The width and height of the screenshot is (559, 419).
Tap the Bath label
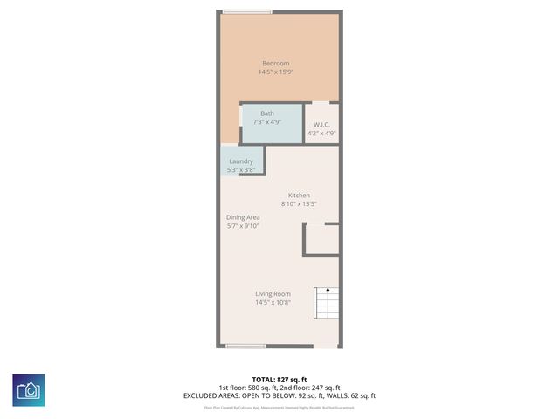coord(266,113)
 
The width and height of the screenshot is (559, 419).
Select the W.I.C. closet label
coord(320,124)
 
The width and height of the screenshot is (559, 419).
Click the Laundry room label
coord(241,161)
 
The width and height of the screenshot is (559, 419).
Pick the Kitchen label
coord(299,196)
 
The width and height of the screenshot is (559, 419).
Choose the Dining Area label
coord(243,217)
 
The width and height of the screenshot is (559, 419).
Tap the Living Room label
coord(273,294)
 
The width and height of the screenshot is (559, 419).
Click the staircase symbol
coord(327,304)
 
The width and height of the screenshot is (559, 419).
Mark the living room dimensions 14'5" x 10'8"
coord(273,303)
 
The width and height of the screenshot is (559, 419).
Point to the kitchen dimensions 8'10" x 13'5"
coord(299,204)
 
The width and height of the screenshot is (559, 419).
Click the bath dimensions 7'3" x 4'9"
coord(266,122)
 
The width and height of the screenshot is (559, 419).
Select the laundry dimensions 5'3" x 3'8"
coord(241,169)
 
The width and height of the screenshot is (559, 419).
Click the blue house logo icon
coord(29,390)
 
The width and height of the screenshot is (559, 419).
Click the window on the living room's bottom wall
coord(245,347)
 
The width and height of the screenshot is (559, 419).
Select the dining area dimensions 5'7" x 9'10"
coord(243,226)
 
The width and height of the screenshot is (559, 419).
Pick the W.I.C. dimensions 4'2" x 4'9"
coord(320,133)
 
